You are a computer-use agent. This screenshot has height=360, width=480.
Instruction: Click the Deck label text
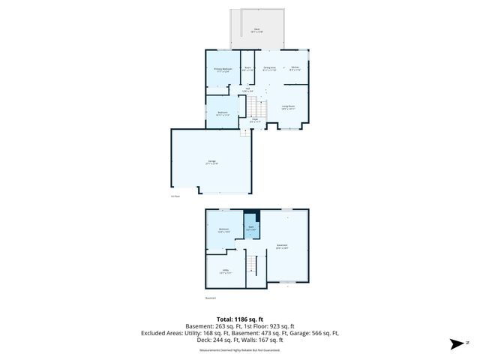[256, 31]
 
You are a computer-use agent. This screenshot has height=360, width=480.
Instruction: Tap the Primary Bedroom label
[222, 69]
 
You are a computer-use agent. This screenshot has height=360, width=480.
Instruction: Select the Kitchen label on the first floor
[295, 68]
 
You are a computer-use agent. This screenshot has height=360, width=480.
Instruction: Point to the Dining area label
[269, 68]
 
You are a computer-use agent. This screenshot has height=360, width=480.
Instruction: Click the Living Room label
[288, 106]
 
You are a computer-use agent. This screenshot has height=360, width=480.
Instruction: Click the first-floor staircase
[257, 105]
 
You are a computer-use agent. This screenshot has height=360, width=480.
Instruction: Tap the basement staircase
[253, 264]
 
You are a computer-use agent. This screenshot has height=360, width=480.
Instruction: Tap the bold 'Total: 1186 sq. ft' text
[239, 318]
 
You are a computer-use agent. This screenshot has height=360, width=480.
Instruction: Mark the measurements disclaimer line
[239, 348]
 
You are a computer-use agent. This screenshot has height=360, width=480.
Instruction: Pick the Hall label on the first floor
[248, 88]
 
